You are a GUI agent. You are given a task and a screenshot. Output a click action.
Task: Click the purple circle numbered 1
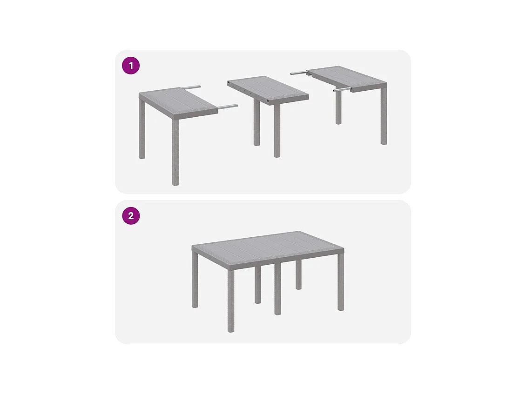pos(131,66)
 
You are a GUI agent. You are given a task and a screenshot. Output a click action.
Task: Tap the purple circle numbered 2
pos(131,216)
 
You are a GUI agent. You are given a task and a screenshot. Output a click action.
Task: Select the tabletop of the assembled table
pos(267,247)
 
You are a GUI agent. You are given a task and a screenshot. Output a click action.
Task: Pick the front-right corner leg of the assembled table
pos(341,284)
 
